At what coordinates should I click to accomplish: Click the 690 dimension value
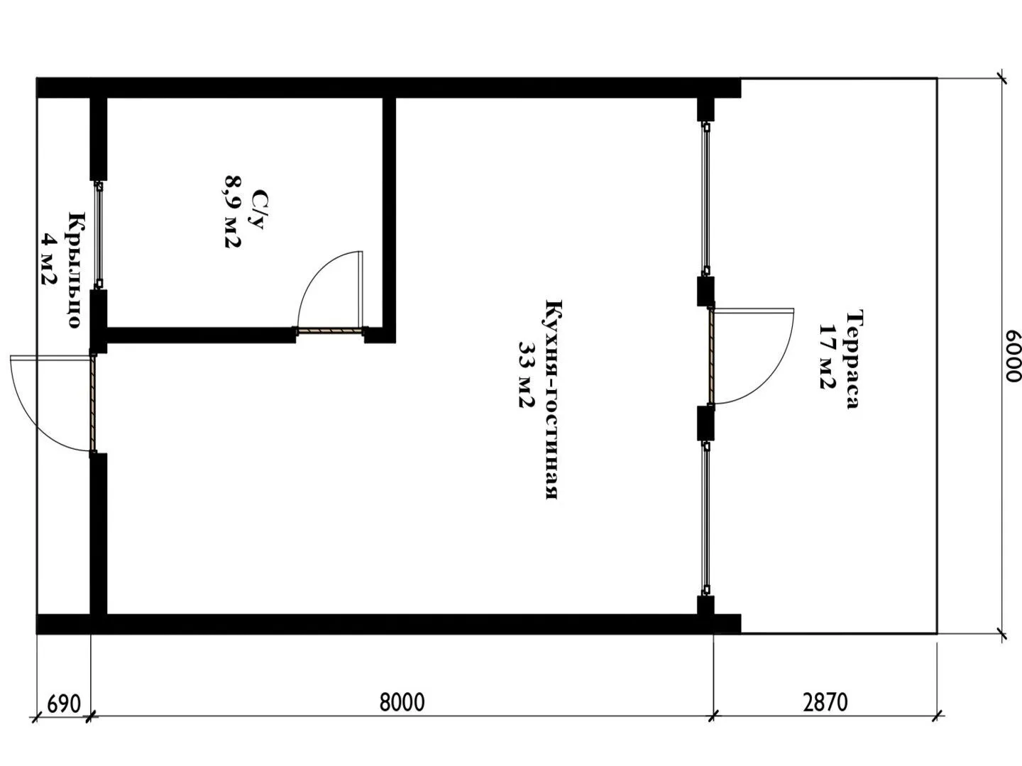click(64, 704)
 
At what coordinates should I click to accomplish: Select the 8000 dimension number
click(402, 702)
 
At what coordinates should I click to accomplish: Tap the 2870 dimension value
click(825, 702)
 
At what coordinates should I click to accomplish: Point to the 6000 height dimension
click(1012, 356)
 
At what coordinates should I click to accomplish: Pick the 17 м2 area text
click(828, 356)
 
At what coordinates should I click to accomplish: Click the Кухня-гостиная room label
click(553, 399)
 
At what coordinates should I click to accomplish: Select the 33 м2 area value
click(527, 375)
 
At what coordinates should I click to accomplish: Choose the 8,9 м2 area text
click(232, 211)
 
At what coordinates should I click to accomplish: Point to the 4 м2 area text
click(49, 260)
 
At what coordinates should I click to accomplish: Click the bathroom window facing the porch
click(98, 235)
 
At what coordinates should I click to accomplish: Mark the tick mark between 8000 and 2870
click(713, 716)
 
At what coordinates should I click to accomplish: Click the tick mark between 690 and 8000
click(91, 716)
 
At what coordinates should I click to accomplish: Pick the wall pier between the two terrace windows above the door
click(705, 292)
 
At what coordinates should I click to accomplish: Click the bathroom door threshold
click(329, 331)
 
